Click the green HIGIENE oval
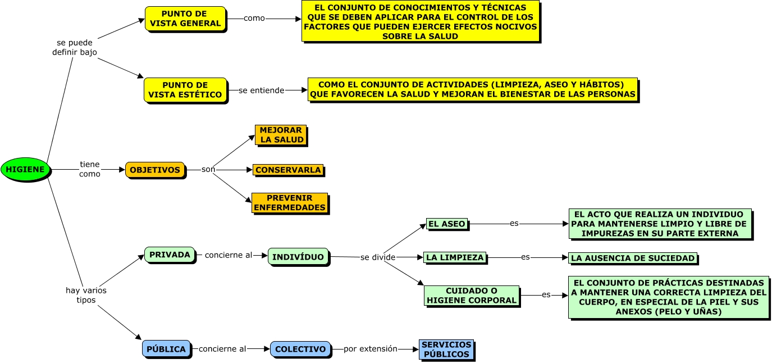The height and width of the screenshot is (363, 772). tap(25, 170)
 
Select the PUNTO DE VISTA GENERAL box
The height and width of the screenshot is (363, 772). tap(185, 19)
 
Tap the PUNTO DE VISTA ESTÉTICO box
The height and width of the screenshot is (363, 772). tap(185, 90)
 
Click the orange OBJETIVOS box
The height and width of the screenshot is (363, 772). tap(155, 170)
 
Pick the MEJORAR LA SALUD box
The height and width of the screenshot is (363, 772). tap(281, 135)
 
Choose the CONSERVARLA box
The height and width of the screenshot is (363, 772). tap(288, 170)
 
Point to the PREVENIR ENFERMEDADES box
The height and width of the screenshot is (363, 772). tap(290, 203)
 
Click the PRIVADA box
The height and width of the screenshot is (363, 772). tap(170, 255)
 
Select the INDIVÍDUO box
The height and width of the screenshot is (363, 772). tap(298, 257)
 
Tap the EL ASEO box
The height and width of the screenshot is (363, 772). tap(447, 224)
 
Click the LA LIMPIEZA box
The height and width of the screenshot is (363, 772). tap(455, 258)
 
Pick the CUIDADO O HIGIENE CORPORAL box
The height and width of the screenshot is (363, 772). tap(472, 296)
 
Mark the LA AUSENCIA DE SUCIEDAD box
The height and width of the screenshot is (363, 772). tap(633, 258)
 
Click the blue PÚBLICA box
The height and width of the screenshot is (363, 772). tap(166, 349)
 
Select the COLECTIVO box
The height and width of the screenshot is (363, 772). tap(300, 349)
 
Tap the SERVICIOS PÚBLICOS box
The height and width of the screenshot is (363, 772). tap(446, 350)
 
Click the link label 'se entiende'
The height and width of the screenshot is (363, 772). tap(261, 90)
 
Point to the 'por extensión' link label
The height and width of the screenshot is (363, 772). tap(371, 349)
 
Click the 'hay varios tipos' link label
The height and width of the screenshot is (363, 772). tap(86, 295)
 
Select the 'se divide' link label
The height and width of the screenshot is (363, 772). tap(378, 257)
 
